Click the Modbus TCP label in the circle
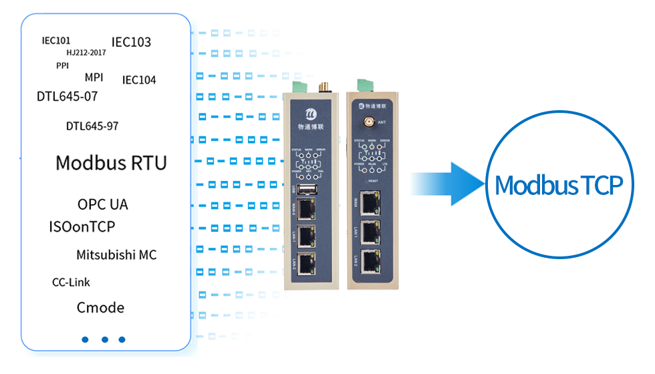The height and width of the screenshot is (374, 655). point(559,186)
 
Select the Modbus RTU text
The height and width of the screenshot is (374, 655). point(111,162)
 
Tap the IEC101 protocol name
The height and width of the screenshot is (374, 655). point(56,40)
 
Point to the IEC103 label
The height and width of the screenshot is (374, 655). point(131,42)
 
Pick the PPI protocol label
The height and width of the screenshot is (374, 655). point(62,65)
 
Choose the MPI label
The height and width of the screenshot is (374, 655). point(94,77)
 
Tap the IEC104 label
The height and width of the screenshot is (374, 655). point(139,80)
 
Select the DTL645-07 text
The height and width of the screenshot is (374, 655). point(67,96)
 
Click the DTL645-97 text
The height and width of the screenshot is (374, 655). point(92,126)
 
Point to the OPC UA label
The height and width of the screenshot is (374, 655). point(102,204)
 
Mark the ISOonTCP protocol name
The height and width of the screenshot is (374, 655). point(82,227)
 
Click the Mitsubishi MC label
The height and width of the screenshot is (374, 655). point(116,254)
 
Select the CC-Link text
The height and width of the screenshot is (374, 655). point(71,282)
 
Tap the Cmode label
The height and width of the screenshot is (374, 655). point(100,307)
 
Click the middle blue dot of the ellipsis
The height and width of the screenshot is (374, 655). point(105,339)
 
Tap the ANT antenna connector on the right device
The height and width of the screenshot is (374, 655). point(367,122)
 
